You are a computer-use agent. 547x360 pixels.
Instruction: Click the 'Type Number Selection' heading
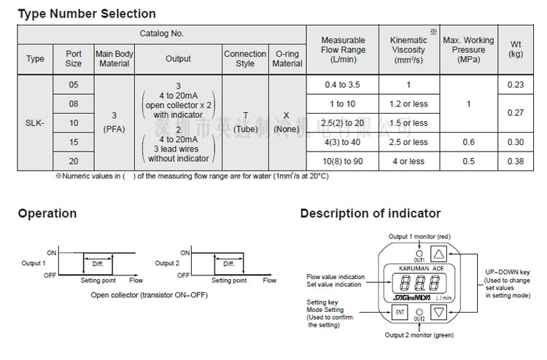pos(87,13)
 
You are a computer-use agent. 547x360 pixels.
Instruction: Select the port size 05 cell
pos(74,85)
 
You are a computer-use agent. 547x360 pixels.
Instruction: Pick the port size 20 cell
pos(74,161)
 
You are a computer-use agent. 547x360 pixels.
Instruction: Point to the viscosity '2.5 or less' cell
pos(408,142)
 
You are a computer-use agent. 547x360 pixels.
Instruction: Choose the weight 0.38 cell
pos(515,161)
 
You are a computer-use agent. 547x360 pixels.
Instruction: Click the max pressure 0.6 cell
pos(468,142)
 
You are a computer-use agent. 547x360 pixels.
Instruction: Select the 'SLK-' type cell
pos(35,123)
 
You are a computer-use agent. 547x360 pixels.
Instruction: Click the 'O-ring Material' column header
pos(287,59)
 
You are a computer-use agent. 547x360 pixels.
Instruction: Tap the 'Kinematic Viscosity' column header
pos(408,50)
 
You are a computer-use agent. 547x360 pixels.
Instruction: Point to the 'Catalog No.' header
pos(162,34)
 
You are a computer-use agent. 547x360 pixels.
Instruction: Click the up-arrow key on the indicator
pos(438,254)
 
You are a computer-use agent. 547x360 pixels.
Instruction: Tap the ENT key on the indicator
pos(400,313)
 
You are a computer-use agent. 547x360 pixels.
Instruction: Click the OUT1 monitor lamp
pos(419,253)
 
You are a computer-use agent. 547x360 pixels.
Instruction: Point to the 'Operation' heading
pos(47,214)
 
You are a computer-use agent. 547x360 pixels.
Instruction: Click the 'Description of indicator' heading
pos(371,214)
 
